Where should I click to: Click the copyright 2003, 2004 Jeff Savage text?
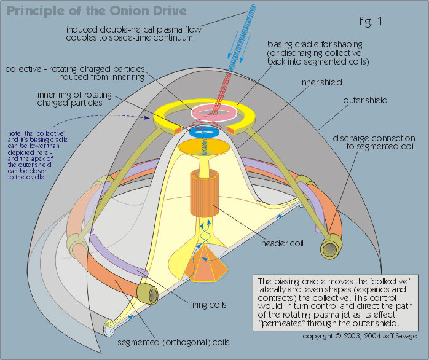click(362, 337)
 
